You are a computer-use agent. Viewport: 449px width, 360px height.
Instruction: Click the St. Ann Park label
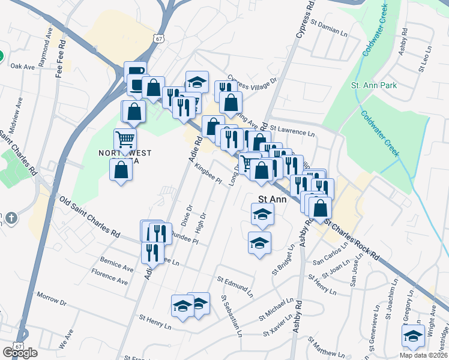tap(375, 86)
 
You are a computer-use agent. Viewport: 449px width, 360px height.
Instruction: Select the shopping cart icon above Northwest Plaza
tap(125, 139)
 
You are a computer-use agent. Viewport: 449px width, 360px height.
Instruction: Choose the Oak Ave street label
tap(23, 67)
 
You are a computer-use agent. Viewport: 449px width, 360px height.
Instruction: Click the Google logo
tap(20, 352)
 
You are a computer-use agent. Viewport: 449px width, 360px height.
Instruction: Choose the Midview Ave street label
tap(16, 112)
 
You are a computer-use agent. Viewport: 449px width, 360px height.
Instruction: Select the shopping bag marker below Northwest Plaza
tap(121, 170)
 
